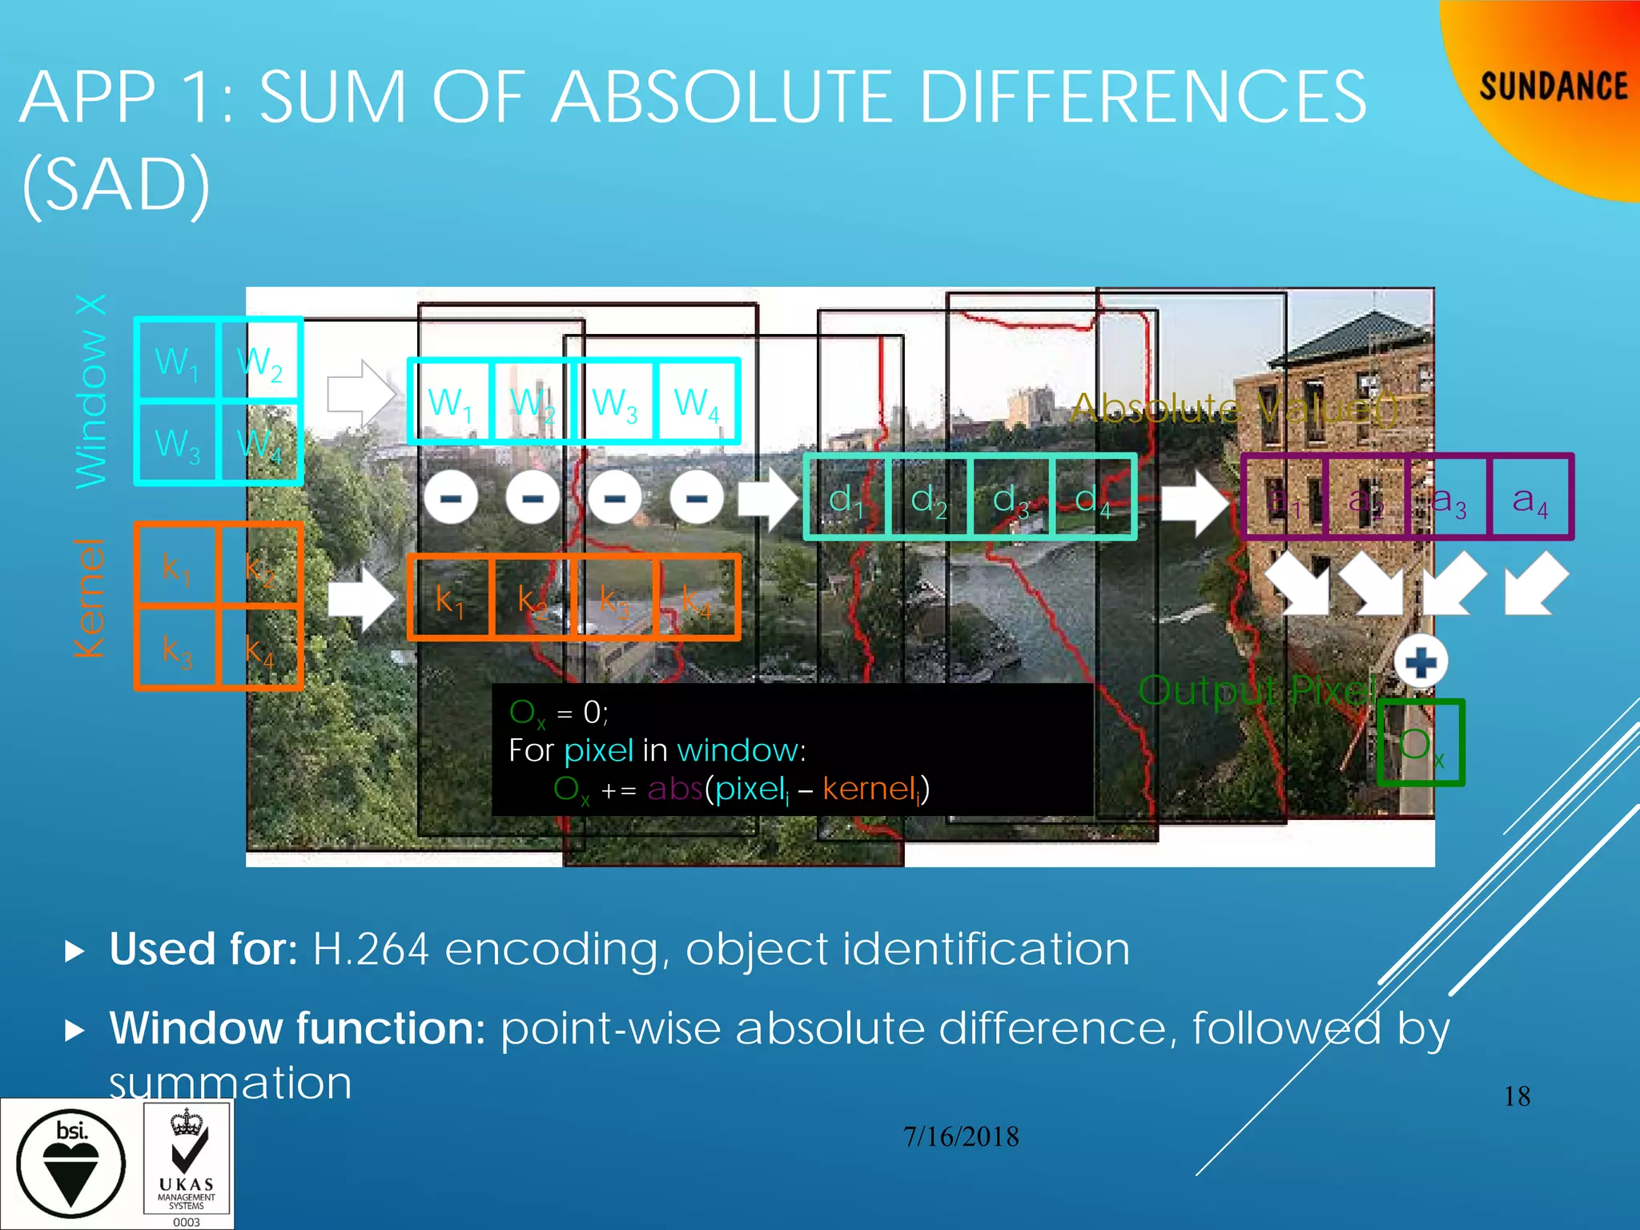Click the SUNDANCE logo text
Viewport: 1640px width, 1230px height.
(x=1553, y=86)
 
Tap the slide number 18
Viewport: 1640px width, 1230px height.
(x=1517, y=1096)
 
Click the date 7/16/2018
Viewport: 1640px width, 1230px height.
(x=961, y=1136)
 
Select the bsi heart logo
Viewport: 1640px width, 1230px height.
(x=71, y=1164)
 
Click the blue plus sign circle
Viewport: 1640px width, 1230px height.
(x=1421, y=662)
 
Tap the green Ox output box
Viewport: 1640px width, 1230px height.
(x=1421, y=743)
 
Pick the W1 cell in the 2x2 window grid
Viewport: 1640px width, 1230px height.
(x=176, y=360)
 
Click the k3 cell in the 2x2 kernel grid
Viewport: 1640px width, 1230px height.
(x=176, y=649)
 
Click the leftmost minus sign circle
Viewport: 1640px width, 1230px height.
(x=451, y=498)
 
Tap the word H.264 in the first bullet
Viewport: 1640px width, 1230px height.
(x=371, y=950)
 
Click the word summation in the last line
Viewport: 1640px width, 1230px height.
(x=231, y=1083)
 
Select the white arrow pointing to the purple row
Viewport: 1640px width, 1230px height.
(x=1193, y=500)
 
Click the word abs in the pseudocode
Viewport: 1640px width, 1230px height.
(x=674, y=789)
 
